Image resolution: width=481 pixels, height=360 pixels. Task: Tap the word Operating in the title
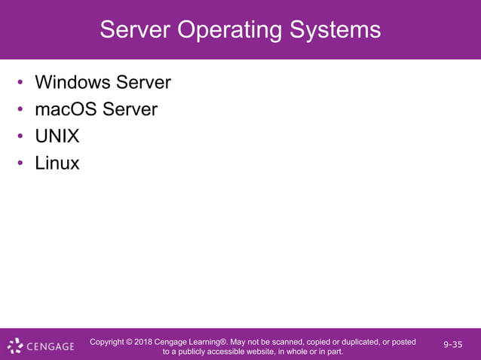(x=230, y=30)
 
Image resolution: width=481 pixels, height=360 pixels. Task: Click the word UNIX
(x=57, y=136)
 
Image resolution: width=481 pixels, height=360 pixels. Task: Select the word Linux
(x=57, y=163)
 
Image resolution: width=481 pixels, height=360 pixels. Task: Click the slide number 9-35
(x=453, y=345)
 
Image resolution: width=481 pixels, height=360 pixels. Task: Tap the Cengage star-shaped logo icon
(x=15, y=346)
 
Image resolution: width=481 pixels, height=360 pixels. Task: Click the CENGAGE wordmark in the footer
(x=51, y=347)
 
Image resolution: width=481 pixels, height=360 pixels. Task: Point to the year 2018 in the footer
(x=143, y=342)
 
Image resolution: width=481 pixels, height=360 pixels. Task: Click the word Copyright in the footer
(x=108, y=342)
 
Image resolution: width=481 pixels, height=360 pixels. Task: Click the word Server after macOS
(x=130, y=109)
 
